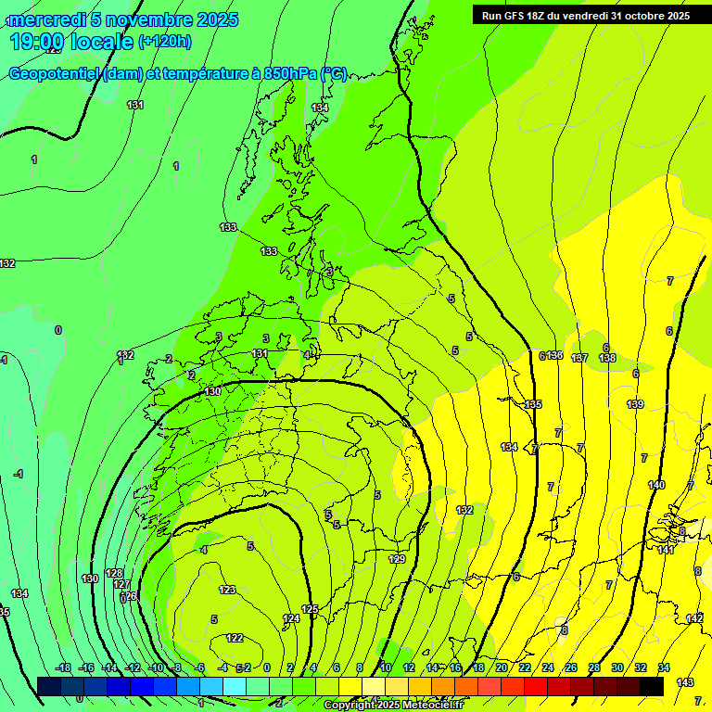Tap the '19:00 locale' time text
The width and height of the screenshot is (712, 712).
71,42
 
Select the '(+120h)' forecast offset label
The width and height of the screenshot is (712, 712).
165,41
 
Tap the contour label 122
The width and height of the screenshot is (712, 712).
235,638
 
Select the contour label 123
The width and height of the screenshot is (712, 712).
227,590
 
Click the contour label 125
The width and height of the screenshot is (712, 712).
310,609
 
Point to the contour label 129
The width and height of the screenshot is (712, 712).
397,559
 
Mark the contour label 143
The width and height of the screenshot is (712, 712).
685,682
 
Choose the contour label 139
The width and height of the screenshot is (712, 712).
635,404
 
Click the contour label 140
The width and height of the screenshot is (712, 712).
656,485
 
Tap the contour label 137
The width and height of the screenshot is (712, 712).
579,358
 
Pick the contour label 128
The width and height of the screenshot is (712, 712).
114,573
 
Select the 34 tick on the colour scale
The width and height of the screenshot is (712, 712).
664,667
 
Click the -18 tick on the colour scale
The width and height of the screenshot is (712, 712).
63,667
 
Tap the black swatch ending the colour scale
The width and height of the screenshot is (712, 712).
652,686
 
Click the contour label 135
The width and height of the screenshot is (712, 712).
533,404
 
